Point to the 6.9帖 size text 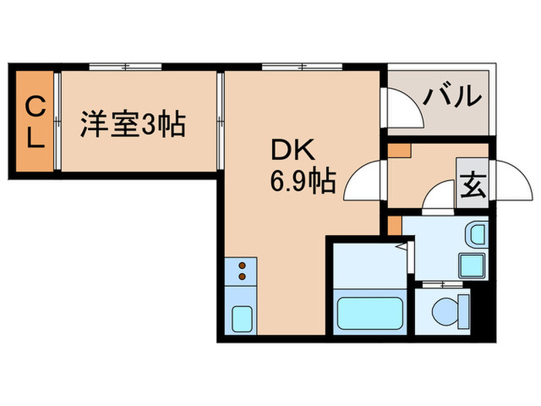pos(301,182)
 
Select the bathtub pos(368,314)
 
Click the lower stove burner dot pos(241,277)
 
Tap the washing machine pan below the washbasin pos(473,264)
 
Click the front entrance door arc pos(507,182)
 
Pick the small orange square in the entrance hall pos(399,149)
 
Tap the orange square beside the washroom pos(394,225)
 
